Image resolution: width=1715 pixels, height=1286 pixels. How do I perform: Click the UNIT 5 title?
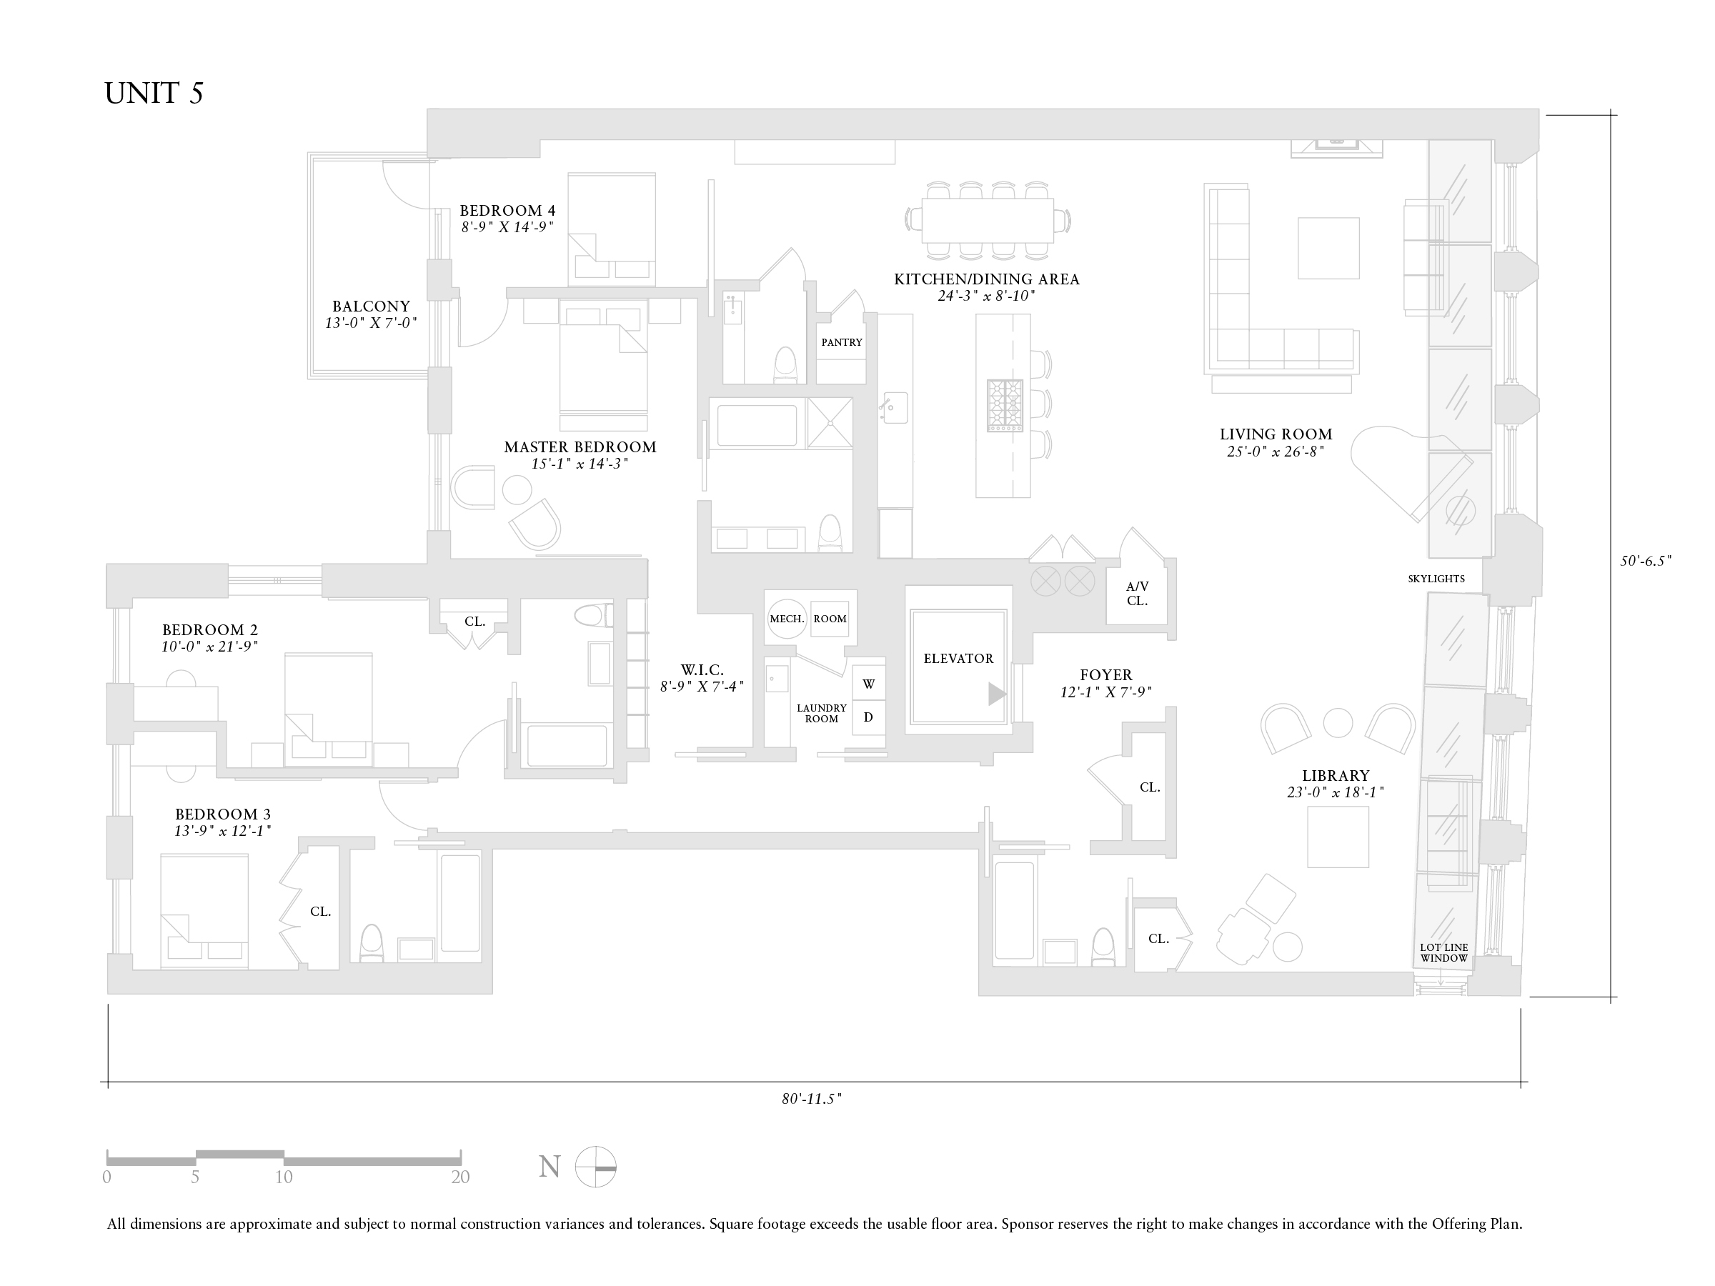[154, 94]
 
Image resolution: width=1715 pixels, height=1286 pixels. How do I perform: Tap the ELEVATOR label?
[958, 659]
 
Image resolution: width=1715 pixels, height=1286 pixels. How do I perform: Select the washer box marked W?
[868, 684]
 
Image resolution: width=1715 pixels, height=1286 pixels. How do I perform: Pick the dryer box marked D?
[868, 717]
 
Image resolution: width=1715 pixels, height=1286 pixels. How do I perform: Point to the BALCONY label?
[372, 307]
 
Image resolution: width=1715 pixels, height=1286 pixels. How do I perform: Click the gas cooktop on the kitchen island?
[1005, 405]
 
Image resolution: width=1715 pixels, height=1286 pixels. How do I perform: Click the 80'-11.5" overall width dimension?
[812, 1098]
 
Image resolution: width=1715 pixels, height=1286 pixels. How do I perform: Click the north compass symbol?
[595, 1167]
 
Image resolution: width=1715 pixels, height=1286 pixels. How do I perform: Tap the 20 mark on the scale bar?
[460, 1177]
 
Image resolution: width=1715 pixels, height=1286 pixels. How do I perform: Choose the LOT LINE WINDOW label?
[1443, 952]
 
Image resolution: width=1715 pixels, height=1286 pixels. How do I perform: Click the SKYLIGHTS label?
[1436, 579]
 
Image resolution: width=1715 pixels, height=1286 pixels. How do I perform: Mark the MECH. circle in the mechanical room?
[787, 619]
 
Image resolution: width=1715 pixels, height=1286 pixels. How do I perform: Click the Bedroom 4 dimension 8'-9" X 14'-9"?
[507, 228]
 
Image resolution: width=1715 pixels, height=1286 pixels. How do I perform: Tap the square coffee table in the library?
[1338, 837]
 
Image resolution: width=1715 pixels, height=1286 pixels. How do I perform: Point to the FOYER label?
[1105, 675]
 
